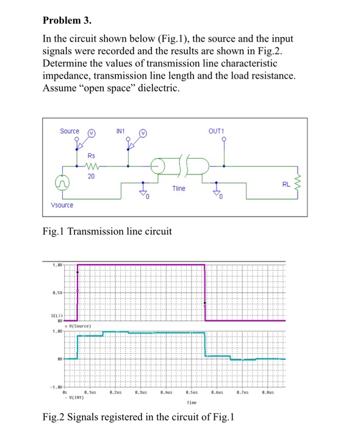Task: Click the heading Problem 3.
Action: (x=67, y=20)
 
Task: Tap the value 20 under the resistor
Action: (x=92, y=176)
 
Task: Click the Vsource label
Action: (x=62, y=205)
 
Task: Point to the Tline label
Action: (x=179, y=189)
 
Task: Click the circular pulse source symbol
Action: (x=63, y=182)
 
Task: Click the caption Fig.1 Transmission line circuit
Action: (x=108, y=232)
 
